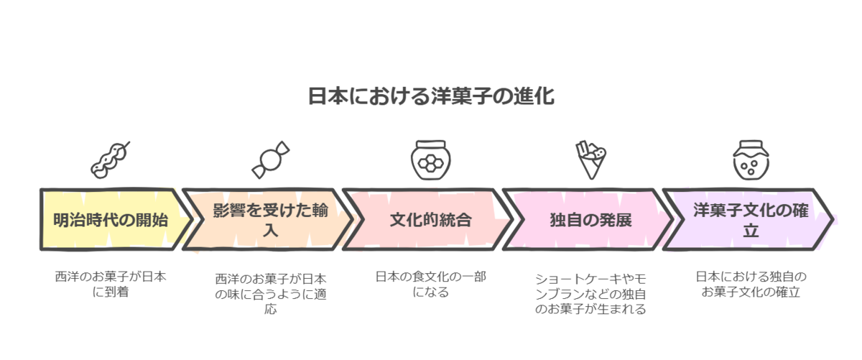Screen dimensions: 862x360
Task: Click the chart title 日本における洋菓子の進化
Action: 431,97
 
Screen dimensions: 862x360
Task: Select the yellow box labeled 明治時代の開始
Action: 111,220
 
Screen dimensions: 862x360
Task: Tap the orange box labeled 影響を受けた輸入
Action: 266,220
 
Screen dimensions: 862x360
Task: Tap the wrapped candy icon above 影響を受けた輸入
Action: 271,160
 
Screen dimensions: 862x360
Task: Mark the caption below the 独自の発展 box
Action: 590,293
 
